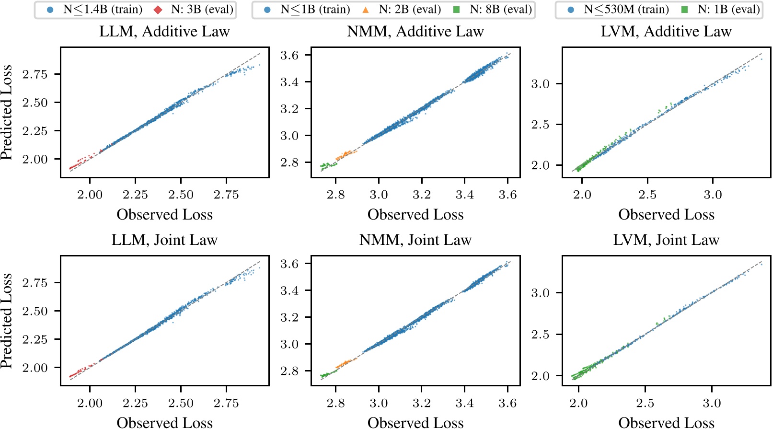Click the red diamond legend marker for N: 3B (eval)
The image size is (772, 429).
pos(159,10)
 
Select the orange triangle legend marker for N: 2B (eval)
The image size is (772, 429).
pos(366,10)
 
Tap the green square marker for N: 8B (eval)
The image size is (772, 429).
pos(456,10)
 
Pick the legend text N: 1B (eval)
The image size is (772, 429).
pos(728,10)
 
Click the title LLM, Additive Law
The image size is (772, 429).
pos(164,32)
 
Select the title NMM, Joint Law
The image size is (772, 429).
pos(415,240)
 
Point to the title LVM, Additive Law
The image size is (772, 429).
pos(666,32)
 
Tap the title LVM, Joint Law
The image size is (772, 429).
pos(666,240)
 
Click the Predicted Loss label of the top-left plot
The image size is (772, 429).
pos(7,113)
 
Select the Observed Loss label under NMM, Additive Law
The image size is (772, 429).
pos(415,215)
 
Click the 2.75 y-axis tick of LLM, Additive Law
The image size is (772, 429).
pos(35,74)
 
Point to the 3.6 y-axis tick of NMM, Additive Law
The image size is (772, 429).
pos(289,56)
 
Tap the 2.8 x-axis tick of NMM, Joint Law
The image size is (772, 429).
pos(335,403)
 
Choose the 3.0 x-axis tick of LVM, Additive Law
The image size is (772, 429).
pos(713,195)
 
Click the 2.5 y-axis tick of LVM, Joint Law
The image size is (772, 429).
pos(540,335)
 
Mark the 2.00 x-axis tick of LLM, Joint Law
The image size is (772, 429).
pos(90,403)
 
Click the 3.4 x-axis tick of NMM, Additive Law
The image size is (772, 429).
pos(464,195)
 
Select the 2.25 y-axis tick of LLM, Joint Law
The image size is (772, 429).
pos(35,340)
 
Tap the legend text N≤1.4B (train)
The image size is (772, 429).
pos(103,10)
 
